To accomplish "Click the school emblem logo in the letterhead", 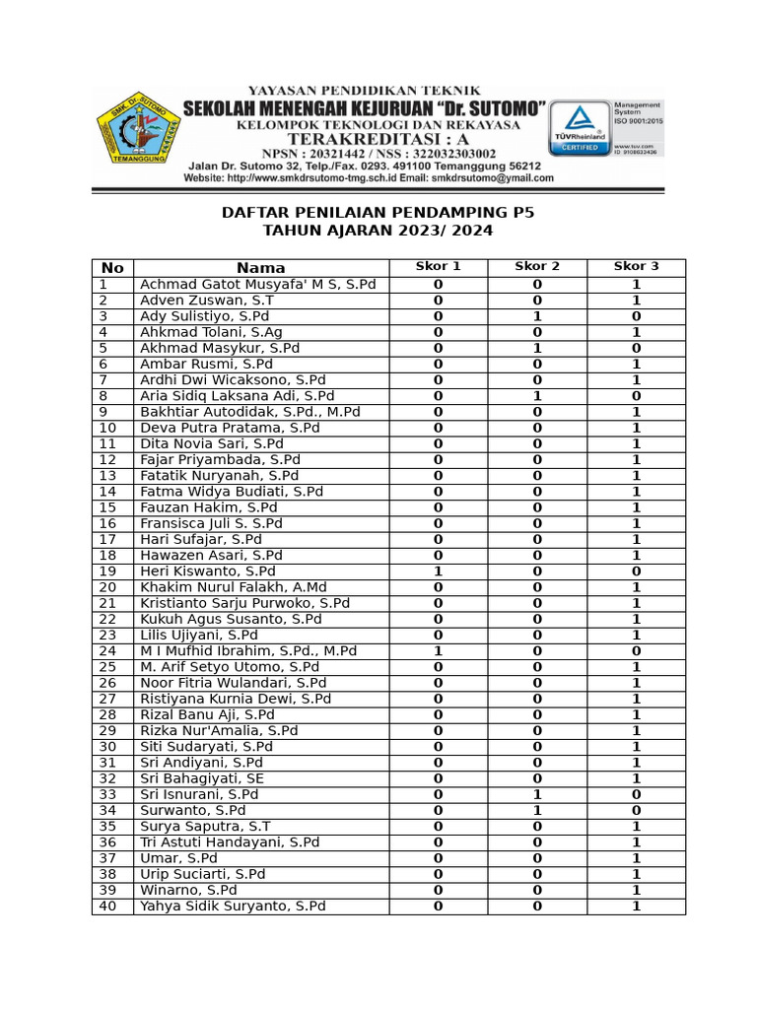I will click(139, 134).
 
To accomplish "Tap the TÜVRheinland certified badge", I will click(579, 127).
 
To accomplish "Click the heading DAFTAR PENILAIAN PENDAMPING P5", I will click(378, 212).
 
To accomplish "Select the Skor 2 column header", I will click(537, 267).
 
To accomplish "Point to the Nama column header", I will click(261, 268).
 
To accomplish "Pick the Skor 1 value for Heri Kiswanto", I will click(439, 572).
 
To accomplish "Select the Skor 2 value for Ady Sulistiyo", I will click(537, 316).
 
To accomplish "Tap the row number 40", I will click(107, 907).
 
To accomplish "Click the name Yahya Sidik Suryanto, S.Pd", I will click(233, 907).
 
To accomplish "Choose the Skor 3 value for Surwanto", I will click(636, 811).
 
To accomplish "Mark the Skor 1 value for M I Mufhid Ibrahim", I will click(439, 651).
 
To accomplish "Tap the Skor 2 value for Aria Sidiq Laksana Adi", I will click(537, 396).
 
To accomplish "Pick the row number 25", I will click(107, 667).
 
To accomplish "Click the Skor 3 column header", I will click(636, 267).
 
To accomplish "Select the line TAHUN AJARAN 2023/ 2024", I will click(378, 231).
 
